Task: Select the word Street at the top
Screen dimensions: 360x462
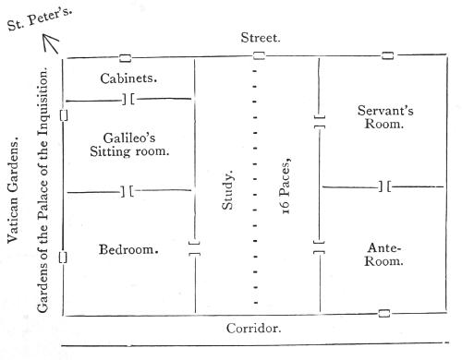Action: coord(260,38)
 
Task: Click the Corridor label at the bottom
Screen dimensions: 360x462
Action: coord(254,328)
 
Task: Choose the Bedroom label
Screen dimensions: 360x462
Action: coord(128,249)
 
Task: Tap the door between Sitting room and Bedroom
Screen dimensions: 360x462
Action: coord(127,191)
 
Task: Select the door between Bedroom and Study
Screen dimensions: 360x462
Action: coord(194,249)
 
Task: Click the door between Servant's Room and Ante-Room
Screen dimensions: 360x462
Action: coord(384,186)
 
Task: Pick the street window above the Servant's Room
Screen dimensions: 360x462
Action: coord(387,56)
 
